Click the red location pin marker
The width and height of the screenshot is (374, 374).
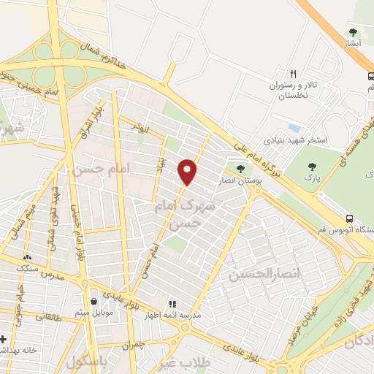point(188,172)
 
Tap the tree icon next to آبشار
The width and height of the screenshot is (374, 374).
point(354,32)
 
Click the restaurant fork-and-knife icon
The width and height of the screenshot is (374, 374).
point(293,74)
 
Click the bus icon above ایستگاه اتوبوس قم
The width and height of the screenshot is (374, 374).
point(350,218)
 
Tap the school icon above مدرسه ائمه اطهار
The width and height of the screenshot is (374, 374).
point(172,303)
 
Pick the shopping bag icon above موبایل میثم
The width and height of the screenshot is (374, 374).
point(93,300)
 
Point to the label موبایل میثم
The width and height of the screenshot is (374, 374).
point(93,312)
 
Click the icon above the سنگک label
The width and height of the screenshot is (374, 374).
point(27,257)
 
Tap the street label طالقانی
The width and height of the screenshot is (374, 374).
point(44,316)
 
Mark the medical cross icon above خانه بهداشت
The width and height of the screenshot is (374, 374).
point(4,339)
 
